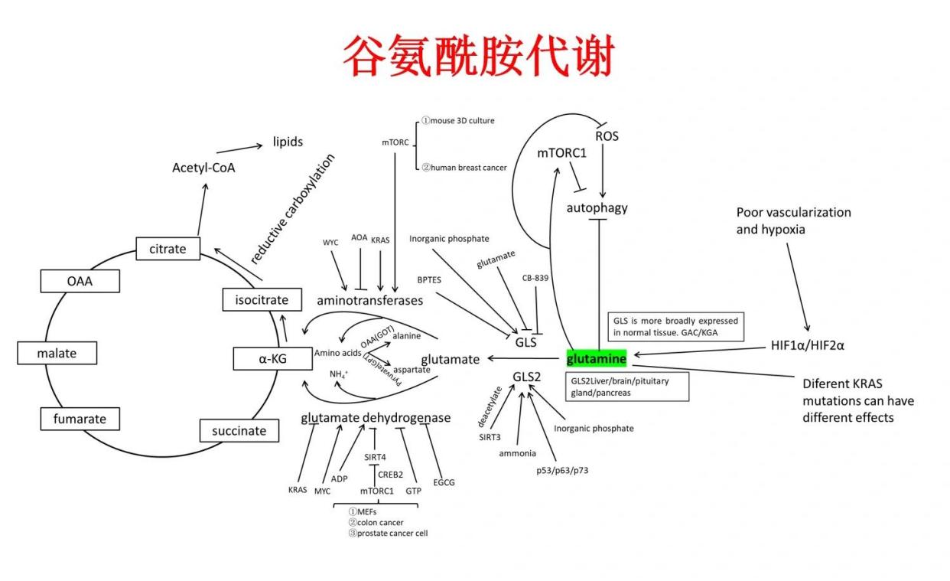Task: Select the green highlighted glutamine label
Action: coord(596,358)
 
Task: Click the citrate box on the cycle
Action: coord(168,249)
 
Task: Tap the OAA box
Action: coord(80,281)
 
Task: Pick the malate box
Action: coord(57,353)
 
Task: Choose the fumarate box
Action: coord(80,419)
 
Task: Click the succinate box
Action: coord(239,430)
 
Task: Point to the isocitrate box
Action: coord(261,300)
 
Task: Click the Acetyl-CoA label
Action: coord(203,167)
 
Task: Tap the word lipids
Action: coord(288,142)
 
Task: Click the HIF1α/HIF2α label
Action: coord(808,345)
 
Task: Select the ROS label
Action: coord(607,136)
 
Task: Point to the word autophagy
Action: coord(597,207)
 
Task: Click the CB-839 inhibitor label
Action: coord(535,278)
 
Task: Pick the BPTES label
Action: coord(429,280)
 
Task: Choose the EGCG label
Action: coord(444,482)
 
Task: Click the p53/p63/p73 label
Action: coord(562,470)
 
